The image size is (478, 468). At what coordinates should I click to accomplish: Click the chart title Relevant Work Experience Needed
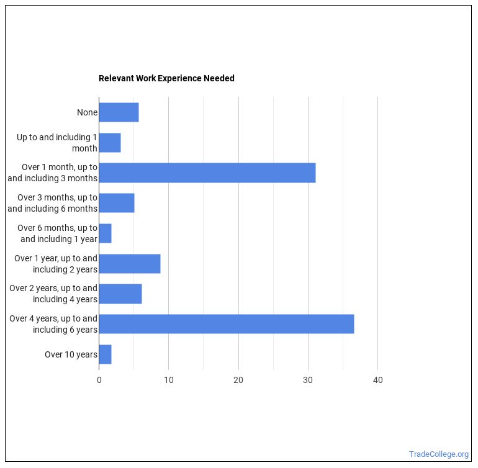166,78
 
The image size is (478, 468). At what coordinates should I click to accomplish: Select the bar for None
119,112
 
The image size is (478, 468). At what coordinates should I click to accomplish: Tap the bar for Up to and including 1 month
110,143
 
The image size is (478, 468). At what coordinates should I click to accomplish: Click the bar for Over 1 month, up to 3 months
207,173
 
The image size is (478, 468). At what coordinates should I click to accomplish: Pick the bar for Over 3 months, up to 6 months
117,203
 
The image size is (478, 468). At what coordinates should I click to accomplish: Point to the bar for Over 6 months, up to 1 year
106,233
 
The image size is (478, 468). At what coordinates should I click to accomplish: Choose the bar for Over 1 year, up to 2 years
130,264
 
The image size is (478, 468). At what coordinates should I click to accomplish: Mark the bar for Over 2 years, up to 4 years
120,294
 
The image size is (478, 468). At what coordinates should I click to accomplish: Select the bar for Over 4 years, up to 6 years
226,324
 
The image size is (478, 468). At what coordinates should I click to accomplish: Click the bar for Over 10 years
106,354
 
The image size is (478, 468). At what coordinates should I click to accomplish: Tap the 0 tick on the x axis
99,380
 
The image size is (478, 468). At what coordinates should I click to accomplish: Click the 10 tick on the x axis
169,380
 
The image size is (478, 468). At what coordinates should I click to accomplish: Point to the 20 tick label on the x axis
238,380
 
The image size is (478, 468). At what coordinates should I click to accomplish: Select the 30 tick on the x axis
308,380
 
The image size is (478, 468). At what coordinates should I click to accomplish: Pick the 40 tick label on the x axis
377,380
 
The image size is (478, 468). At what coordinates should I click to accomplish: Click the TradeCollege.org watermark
439,454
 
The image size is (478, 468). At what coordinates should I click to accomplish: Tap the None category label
87,112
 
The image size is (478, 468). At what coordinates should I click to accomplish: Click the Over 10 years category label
71,354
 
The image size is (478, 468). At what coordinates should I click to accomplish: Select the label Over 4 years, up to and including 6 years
53,324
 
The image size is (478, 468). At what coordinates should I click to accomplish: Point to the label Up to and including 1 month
57,143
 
